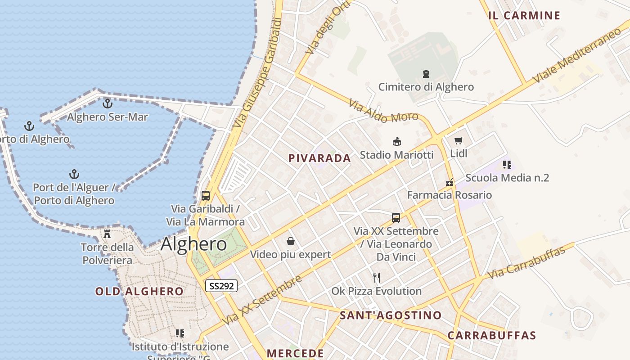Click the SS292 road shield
click(221, 285)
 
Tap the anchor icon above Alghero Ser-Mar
click(107, 103)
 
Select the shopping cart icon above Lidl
click(459, 140)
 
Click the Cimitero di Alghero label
click(426, 87)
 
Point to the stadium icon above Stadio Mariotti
click(397, 142)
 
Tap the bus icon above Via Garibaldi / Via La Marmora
click(206, 196)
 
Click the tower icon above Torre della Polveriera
click(107, 234)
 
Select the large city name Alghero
click(193, 244)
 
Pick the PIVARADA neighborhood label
click(319, 158)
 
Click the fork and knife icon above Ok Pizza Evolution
click(377, 277)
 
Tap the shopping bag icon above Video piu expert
click(291, 242)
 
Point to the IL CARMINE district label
click(524, 16)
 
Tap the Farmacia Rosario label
click(449, 195)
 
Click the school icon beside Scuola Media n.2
click(507, 165)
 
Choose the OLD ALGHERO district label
click(139, 292)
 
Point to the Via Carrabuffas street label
click(526, 262)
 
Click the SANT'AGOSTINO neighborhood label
click(391, 315)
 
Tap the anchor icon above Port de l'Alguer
click(74, 174)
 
